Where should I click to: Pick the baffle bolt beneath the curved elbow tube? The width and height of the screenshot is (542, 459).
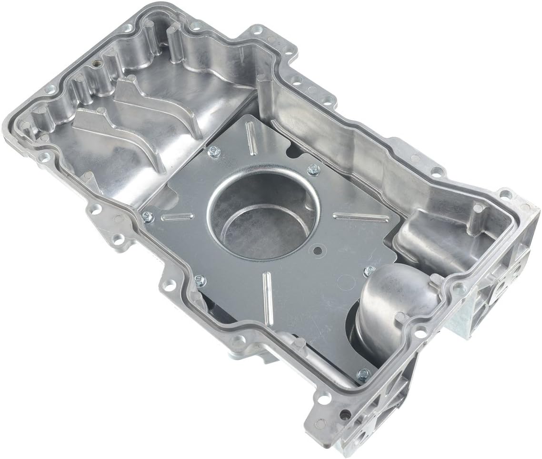(x=363, y=373)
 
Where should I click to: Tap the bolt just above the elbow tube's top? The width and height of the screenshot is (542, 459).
(x=368, y=270)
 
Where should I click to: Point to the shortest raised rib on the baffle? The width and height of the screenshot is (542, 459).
(x=177, y=217)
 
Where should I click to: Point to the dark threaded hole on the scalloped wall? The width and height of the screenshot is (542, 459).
(x=97, y=63)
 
